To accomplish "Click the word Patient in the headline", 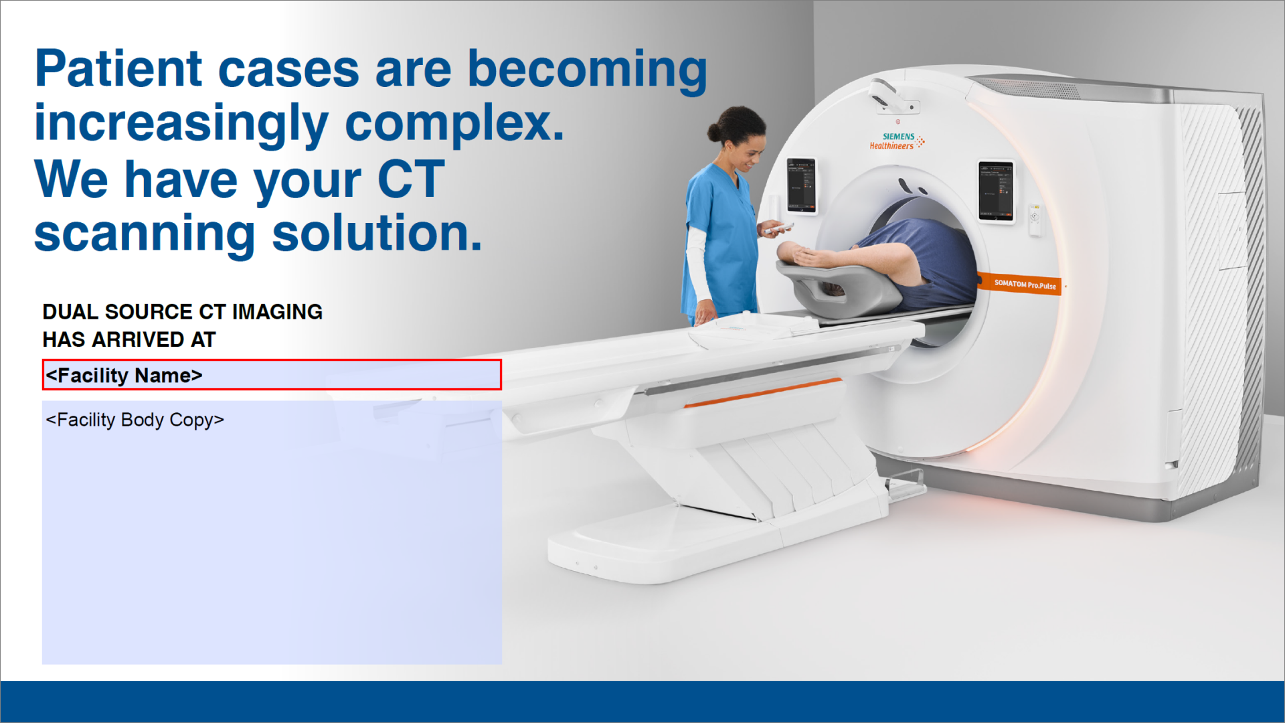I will click(118, 70).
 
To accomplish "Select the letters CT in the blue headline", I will click(410, 179).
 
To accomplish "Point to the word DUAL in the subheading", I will click(70, 312).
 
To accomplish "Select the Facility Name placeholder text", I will click(124, 376).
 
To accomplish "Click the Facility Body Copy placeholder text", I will click(135, 420).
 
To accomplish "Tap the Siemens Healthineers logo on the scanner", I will click(896, 141).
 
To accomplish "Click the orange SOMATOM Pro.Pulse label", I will click(1023, 285).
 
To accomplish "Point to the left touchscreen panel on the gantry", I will click(801, 185).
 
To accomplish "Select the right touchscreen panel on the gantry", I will click(996, 191).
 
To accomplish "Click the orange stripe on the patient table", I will click(763, 392).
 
